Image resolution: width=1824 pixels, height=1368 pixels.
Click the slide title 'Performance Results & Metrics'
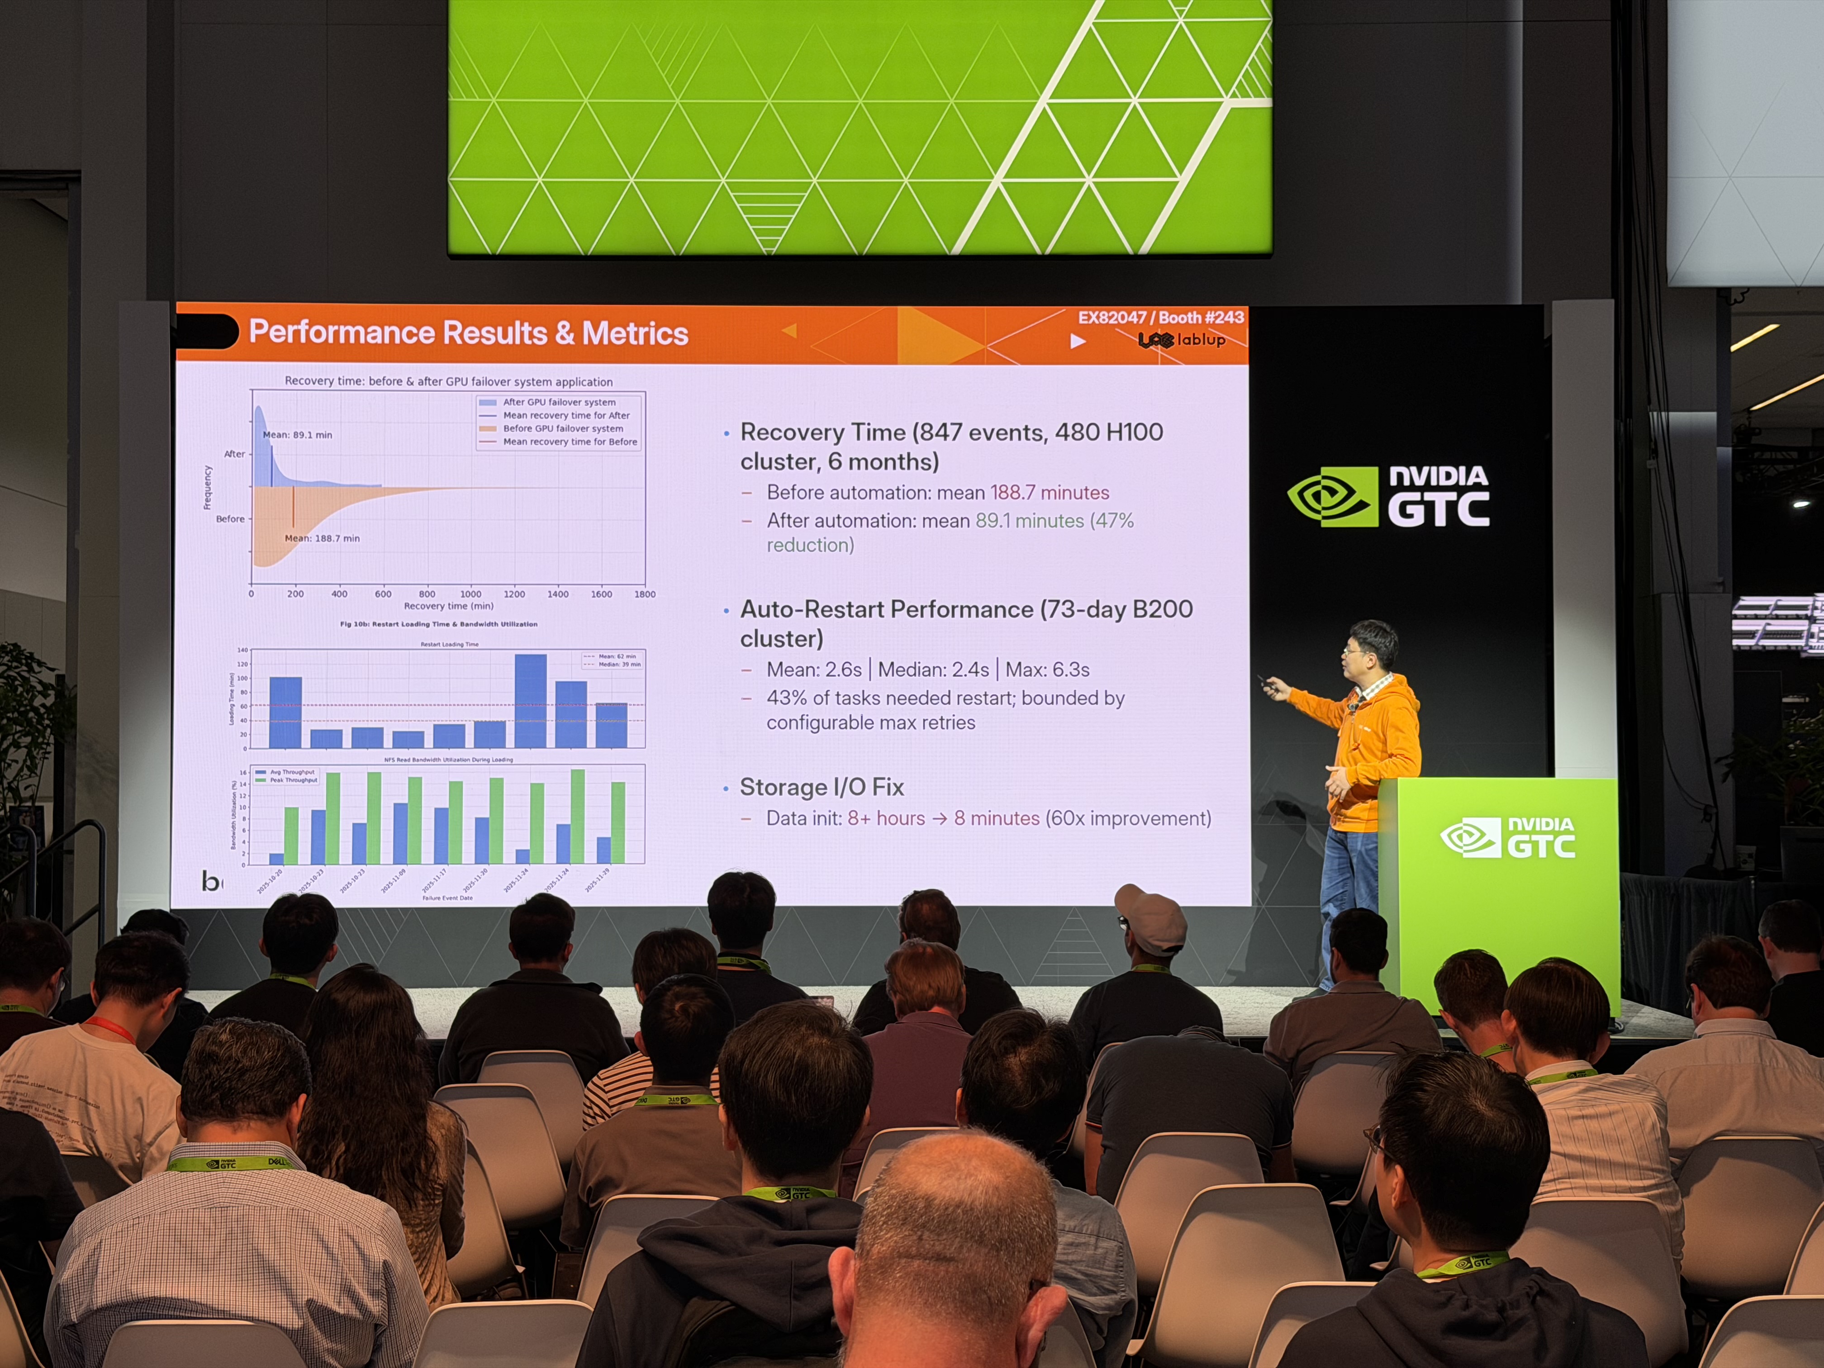468,332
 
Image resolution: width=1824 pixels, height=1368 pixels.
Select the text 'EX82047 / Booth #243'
1160,318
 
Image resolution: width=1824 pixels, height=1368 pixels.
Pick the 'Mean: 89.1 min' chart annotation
297,435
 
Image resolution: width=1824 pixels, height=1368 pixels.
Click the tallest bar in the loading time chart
530,700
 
